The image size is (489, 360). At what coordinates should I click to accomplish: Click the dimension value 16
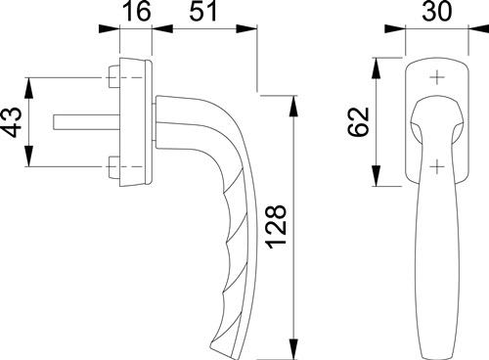[x=137, y=12]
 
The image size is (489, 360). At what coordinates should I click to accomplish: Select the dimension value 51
[x=203, y=12]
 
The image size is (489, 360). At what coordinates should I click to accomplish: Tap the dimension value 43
[x=13, y=122]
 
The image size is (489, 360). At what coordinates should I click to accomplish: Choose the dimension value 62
[x=359, y=121]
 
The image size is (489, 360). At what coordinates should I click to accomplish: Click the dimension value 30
[x=437, y=12]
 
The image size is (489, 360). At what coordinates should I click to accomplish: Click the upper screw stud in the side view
[x=113, y=77]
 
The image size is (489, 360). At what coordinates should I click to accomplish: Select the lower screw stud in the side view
[x=113, y=167]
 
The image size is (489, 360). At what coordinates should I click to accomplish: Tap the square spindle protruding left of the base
[x=87, y=121]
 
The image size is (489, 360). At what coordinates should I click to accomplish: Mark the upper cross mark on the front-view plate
[x=437, y=77]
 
